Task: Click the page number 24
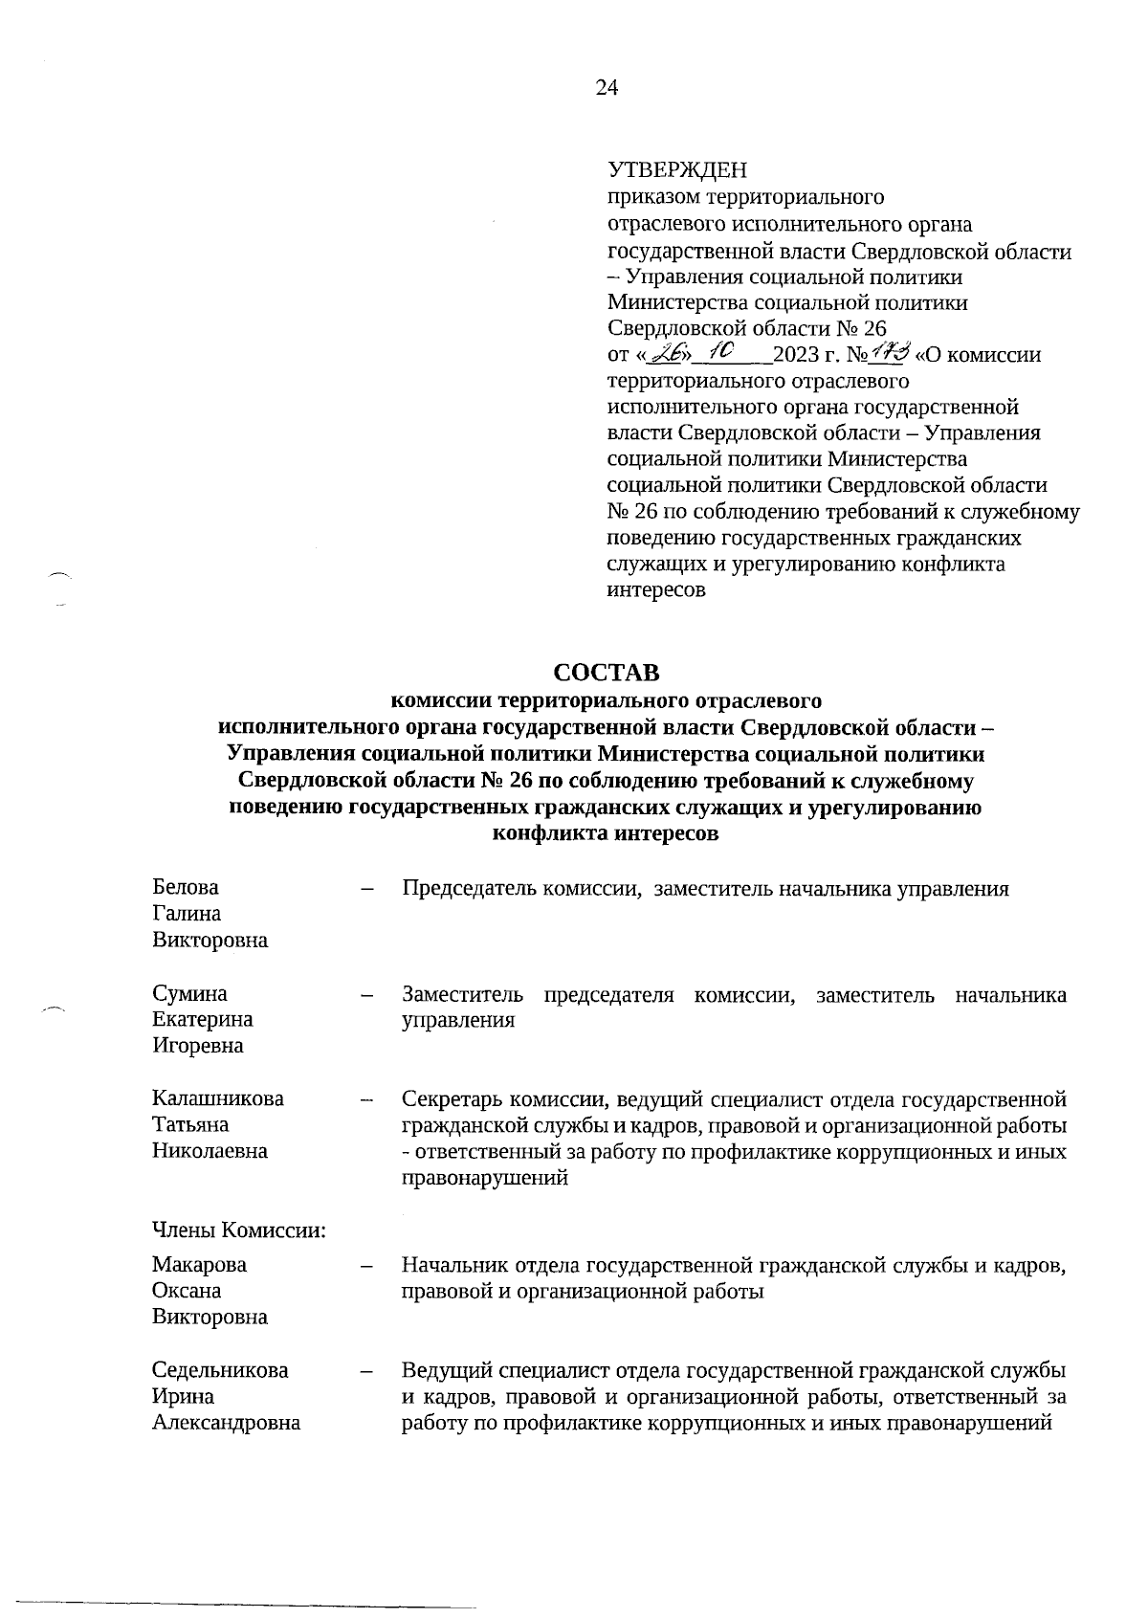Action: pyautogui.click(x=607, y=88)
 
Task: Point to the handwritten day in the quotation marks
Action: pyautogui.click(x=662, y=355)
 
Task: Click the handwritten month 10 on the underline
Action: pyautogui.click(x=715, y=352)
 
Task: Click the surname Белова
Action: pyautogui.click(x=185, y=888)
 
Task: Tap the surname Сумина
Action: pyautogui.click(x=189, y=994)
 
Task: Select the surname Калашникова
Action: pyautogui.click(x=217, y=1098)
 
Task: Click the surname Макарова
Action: pyautogui.click(x=199, y=1264)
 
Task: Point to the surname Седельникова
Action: pyautogui.click(x=220, y=1369)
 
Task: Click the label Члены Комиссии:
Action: pyautogui.click(x=238, y=1229)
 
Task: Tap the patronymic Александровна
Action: pyautogui.click(x=226, y=1422)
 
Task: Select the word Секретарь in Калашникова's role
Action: pyautogui.click(x=451, y=1099)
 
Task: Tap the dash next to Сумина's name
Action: pyautogui.click(x=366, y=995)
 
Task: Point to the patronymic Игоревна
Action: pyautogui.click(x=197, y=1046)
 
